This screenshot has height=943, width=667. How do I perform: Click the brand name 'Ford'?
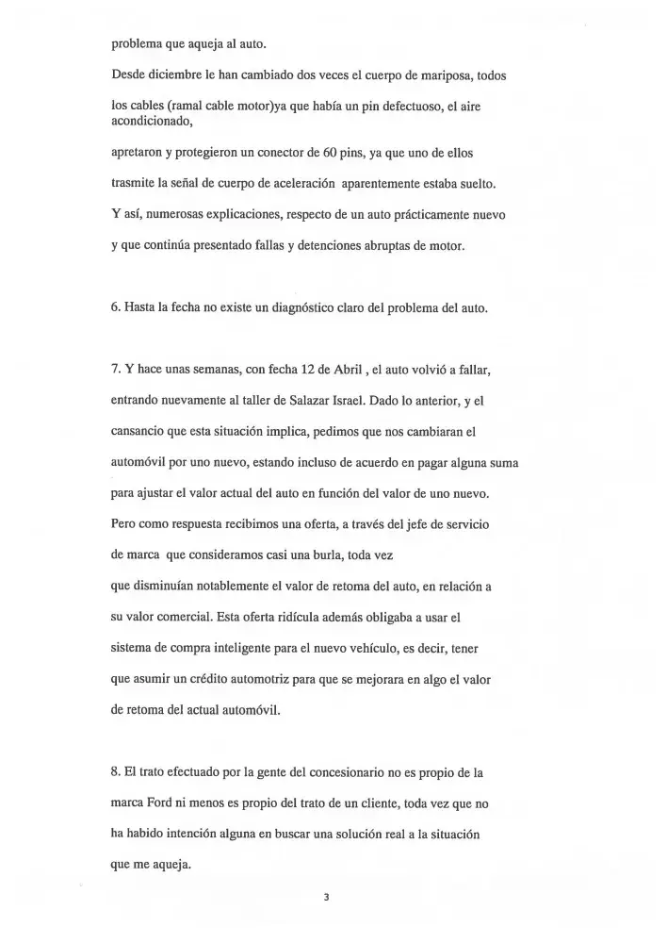167,804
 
